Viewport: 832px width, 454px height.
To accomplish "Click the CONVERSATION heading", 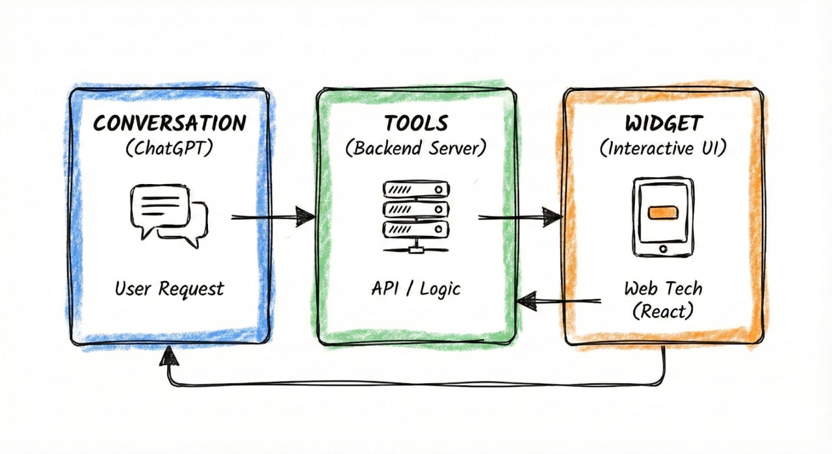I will [x=170, y=123].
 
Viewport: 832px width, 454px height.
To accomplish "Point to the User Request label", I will [x=169, y=288].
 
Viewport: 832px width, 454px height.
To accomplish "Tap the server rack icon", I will [x=415, y=216].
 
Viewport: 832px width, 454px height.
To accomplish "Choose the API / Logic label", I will [x=415, y=288].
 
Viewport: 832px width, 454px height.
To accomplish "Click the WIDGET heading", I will [x=663, y=123].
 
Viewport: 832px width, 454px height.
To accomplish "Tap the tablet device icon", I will [x=663, y=216].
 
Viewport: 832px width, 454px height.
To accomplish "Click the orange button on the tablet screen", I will [x=663, y=212].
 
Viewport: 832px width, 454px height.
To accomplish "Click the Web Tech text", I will [x=663, y=288].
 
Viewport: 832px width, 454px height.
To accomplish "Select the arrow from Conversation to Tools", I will [x=273, y=217].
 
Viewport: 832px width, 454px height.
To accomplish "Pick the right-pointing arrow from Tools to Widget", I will [x=519, y=217].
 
